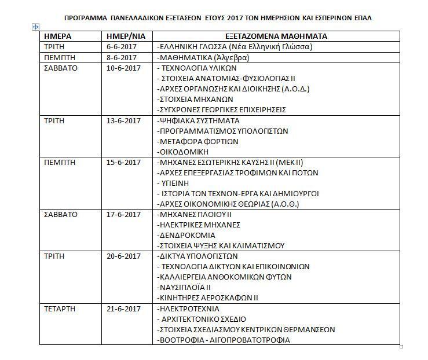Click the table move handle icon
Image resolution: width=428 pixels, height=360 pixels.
[36, 27]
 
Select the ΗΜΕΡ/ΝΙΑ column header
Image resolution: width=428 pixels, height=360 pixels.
[121, 36]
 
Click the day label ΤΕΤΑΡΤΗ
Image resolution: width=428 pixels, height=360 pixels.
[60, 308]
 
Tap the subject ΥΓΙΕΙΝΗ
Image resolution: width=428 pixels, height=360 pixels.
[176, 183]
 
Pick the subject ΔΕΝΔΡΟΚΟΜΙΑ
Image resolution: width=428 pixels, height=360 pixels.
[186, 235]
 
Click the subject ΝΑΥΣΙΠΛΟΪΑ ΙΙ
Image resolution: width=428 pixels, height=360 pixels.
[185, 287]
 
